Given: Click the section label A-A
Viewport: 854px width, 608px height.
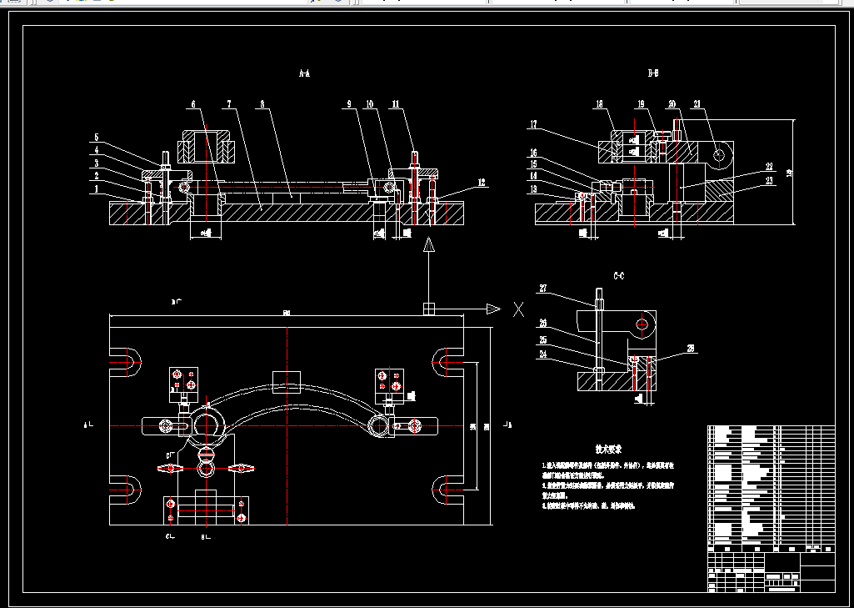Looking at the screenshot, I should pyautogui.click(x=304, y=74).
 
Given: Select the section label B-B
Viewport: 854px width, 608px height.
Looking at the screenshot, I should pyautogui.click(x=654, y=74).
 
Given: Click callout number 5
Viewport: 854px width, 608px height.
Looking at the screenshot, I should pyautogui.click(x=97, y=138).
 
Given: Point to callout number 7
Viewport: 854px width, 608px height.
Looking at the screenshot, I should pyautogui.click(x=227, y=104).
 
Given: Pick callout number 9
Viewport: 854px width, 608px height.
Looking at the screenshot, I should pyautogui.click(x=350, y=104).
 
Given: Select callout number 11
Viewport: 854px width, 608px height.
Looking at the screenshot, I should pyautogui.click(x=396, y=104).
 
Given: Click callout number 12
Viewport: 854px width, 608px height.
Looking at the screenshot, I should pyautogui.click(x=482, y=181).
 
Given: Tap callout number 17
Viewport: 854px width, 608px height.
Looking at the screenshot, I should pyautogui.click(x=533, y=125).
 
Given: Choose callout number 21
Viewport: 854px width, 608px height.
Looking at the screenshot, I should pyautogui.click(x=697, y=104).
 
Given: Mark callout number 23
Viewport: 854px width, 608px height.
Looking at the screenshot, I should pyautogui.click(x=769, y=181).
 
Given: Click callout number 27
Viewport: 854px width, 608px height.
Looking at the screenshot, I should pyautogui.click(x=543, y=289).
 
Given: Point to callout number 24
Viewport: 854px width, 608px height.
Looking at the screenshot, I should pyautogui.click(x=543, y=354).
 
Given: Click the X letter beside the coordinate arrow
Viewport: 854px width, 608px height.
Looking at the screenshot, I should pyautogui.click(x=518, y=309).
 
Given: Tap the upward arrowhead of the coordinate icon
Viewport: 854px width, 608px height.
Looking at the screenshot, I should pyautogui.click(x=429, y=244).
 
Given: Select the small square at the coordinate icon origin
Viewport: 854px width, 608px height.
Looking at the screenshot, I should pyautogui.click(x=429, y=309).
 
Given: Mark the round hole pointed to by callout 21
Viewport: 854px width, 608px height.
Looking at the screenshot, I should pyautogui.click(x=721, y=153).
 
